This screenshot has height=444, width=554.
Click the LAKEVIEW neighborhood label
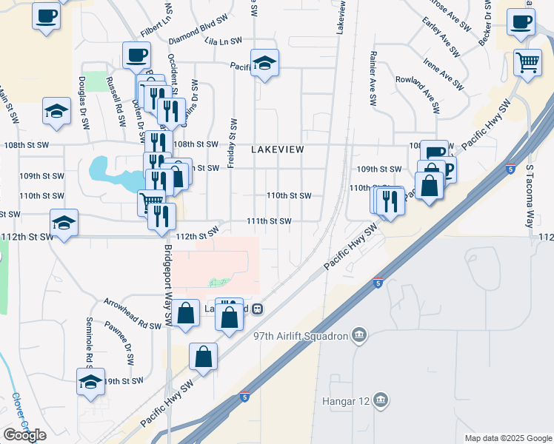click(x=278, y=149)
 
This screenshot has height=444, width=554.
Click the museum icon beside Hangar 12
click(x=380, y=400)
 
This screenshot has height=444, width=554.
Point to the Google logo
click(x=24, y=435)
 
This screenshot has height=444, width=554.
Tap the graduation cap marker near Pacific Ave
click(x=264, y=64)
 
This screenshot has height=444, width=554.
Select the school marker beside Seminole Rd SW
click(x=90, y=383)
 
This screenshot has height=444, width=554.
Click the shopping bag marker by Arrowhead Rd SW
click(x=187, y=313)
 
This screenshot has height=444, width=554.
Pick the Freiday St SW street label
click(x=232, y=142)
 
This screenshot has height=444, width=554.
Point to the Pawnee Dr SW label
click(x=119, y=340)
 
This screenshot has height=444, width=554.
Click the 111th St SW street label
click(x=269, y=221)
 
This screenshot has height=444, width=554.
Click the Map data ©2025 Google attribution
click(x=507, y=438)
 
